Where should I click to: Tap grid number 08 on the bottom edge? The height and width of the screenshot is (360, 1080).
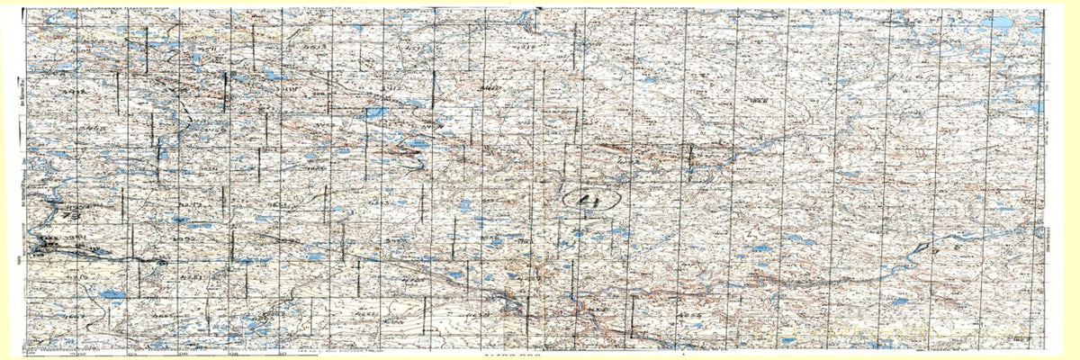234,353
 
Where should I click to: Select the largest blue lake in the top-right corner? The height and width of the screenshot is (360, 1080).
999,22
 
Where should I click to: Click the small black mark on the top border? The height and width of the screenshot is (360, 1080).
684,6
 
